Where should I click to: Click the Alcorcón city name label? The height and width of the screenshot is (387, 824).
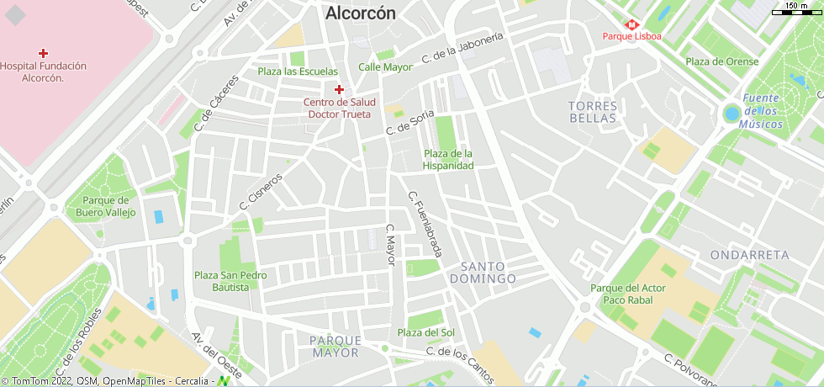(360, 13)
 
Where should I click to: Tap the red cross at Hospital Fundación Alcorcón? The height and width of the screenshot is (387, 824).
(44, 53)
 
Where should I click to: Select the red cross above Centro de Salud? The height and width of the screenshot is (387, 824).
(339, 89)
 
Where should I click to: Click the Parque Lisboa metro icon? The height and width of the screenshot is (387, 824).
(631, 24)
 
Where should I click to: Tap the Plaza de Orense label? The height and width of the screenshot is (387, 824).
(721, 61)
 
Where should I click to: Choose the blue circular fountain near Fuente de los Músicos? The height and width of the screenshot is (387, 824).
(732, 114)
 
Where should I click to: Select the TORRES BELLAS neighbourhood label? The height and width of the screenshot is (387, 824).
(593, 112)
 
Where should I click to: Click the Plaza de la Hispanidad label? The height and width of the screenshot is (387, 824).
(448, 160)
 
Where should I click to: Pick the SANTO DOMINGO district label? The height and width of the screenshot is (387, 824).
(483, 272)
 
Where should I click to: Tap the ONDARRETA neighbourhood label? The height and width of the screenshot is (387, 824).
(749, 254)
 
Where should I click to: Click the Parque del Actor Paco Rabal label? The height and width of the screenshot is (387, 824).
(627, 294)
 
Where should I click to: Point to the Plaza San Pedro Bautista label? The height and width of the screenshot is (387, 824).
(230, 281)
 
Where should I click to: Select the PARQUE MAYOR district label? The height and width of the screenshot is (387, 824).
(335, 347)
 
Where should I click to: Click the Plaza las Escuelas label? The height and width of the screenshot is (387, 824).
(298, 72)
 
